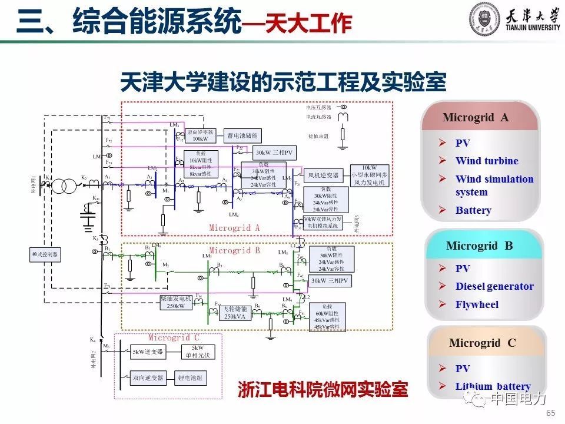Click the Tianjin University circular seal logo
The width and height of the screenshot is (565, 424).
tap(484, 20)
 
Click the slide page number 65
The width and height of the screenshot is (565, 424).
tap(551, 412)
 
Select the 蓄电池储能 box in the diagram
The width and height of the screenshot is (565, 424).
tap(242, 135)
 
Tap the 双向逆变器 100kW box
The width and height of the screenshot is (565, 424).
tap(200, 135)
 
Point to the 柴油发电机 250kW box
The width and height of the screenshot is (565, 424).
tap(176, 302)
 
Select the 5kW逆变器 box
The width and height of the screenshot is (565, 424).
tap(147, 352)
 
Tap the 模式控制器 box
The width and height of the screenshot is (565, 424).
tap(45, 254)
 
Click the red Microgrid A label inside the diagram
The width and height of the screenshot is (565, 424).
tap(234, 228)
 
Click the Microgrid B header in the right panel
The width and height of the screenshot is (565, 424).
tap(479, 246)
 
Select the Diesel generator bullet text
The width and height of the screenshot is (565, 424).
tap(494, 286)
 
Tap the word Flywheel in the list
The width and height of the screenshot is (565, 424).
tap(477, 304)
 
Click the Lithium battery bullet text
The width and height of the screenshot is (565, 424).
tap(493, 386)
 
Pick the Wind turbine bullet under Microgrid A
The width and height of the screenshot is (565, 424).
tap(487, 161)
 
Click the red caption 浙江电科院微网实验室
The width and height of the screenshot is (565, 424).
tap(323, 389)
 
